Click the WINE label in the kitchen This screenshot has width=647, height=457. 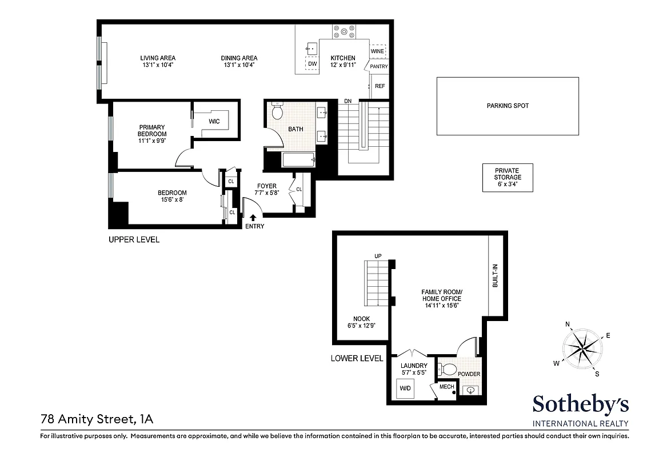coord(377,51)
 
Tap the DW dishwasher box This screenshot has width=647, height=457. coord(313,64)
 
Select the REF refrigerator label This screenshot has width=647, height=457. coord(380,86)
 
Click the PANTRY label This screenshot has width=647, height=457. coord(378,67)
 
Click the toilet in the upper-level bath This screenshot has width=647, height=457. coord(278,111)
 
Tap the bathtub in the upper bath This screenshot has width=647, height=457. coord(298,160)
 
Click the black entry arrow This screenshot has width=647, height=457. coord(253,217)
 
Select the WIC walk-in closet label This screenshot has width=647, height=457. coord(214,122)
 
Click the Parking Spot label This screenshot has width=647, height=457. coord(508,106)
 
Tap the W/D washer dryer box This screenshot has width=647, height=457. coord(405,388)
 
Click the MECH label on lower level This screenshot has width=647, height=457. coord(446,387)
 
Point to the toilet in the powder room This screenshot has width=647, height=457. coord(448,370)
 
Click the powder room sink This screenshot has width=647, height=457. coord(469,391)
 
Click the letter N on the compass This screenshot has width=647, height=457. coord(568,324)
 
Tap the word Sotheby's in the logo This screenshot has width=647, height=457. coord(580,404)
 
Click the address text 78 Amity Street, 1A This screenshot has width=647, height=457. coord(97,420)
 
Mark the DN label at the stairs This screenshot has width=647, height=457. coord(348,101)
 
